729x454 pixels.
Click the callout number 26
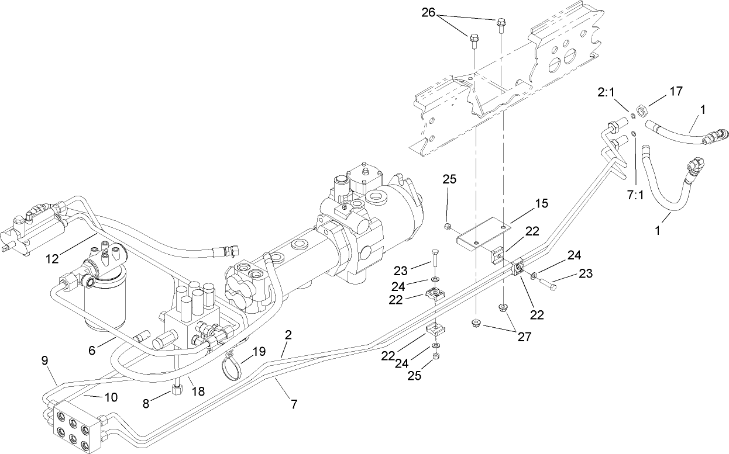tap(444, 12)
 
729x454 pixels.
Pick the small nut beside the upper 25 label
tap(448, 227)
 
